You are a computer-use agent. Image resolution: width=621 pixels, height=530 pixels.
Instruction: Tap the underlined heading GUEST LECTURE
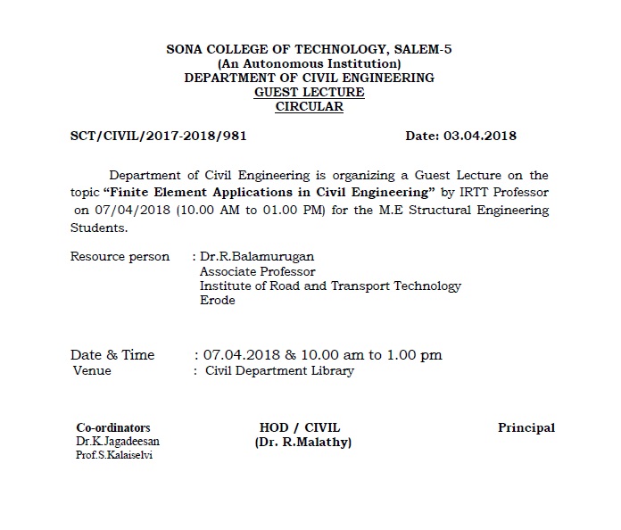pyautogui.click(x=309, y=92)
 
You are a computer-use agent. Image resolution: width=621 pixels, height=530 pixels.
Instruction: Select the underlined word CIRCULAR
pyautogui.click(x=309, y=106)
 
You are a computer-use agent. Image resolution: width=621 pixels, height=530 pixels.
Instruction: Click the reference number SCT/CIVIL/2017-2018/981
pyautogui.click(x=158, y=137)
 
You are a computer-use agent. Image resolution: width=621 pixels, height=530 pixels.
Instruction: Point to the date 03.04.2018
pyautogui.click(x=485, y=137)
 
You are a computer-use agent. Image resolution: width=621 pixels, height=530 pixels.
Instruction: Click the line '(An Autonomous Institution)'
pyautogui.click(x=309, y=63)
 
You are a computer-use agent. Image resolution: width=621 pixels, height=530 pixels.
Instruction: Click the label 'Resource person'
pyautogui.click(x=120, y=257)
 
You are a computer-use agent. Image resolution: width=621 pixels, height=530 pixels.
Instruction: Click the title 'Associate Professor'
pyautogui.click(x=257, y=271)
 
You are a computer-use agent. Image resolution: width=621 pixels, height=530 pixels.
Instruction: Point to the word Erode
pyautogui.click(x=217, y=300)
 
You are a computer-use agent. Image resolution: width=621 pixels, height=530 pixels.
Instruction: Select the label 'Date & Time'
pyautogui.click(x=112, y=354)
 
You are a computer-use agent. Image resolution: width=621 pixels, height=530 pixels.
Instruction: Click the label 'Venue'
pyautogui.click(x=92, y=370)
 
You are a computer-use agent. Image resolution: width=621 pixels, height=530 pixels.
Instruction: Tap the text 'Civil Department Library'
pyautogui.click(x=279, y=370)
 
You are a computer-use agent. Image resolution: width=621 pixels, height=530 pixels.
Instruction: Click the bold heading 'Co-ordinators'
pyautogui.click(x=113, y=427)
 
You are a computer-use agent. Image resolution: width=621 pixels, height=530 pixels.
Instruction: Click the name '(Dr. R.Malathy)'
pyautogui.click(x=303, y=443)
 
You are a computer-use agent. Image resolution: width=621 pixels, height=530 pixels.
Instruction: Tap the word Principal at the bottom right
pyautogui.click(x=526, y=427)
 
